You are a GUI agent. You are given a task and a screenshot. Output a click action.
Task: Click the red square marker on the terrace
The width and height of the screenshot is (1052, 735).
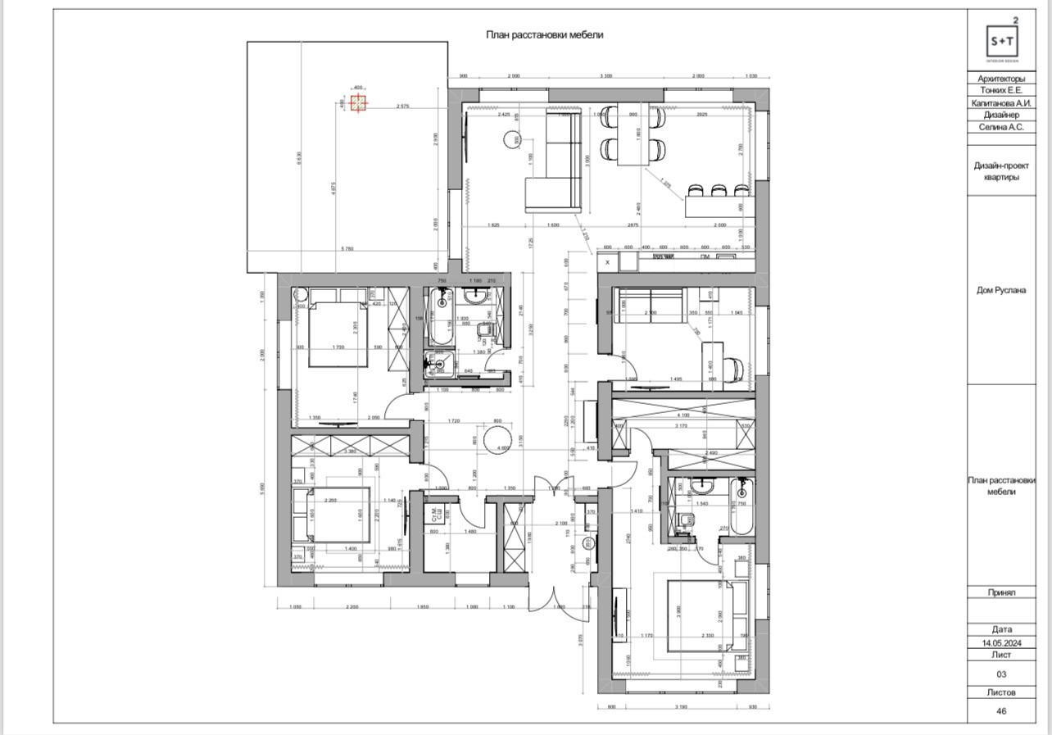pyautogui.click(x=357, y=102)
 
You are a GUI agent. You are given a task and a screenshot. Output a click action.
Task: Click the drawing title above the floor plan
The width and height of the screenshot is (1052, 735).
pyautogui.click(x=544, y=34)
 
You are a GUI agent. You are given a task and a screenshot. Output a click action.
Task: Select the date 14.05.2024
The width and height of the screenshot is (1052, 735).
pyautogui.click(x=1001, y=642)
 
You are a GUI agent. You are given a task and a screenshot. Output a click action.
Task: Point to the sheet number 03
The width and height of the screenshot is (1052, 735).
pyautogui.click(x=1001, y=674)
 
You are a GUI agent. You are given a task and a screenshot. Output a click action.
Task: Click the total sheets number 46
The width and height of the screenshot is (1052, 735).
pyautogui.click(x=1001, y=710)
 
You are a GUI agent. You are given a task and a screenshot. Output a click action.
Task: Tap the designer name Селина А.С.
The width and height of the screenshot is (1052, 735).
pyautogui.click(x=1001, y=128)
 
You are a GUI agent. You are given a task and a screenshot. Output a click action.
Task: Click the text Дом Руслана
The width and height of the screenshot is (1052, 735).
pyautogui.click(x=1001, y=290)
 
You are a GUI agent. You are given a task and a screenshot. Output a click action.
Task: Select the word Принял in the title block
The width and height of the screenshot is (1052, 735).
pyautogui.click(x=1001, y=592)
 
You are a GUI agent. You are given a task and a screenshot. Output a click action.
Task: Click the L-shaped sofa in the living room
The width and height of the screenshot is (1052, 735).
pyautogui.click(x=554, y=164)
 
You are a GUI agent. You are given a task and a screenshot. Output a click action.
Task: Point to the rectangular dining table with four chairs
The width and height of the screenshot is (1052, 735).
pyautogui.click(x=632, y=135)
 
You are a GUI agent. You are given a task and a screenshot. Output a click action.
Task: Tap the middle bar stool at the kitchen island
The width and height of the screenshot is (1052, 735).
pyautogui.click(x=719, y=191)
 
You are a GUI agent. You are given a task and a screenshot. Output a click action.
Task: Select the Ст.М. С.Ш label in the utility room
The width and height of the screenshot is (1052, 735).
pyautogui.click(x=438, y=515)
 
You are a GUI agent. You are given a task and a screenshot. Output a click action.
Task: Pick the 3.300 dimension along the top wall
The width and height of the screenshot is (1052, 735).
pyautogui.click(x=605, y=76)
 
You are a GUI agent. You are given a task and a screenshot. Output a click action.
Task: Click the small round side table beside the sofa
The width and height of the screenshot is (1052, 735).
pyautogui.click(x=512, y=139)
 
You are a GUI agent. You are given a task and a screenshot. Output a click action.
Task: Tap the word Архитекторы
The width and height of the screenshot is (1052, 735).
pyautogui.click(x=1001, y=79)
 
